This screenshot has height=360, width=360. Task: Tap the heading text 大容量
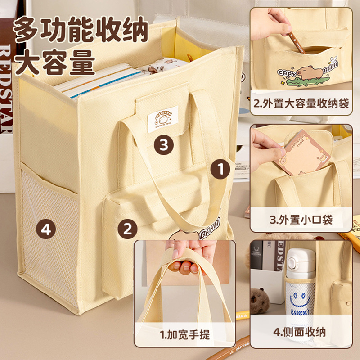coord(55,63)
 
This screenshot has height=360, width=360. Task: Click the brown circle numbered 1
coord(221,169)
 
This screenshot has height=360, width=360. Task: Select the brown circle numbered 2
coord(128,229)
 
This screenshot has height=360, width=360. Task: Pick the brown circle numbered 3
coord(164,144)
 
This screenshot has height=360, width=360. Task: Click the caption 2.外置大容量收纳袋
coord(301,104)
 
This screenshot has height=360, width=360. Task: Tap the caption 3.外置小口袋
coord(301,220)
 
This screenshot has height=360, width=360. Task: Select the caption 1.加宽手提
coord(185,334)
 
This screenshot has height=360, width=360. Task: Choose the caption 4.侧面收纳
coord(301,334)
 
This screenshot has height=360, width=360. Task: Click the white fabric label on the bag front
coord(162,119)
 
